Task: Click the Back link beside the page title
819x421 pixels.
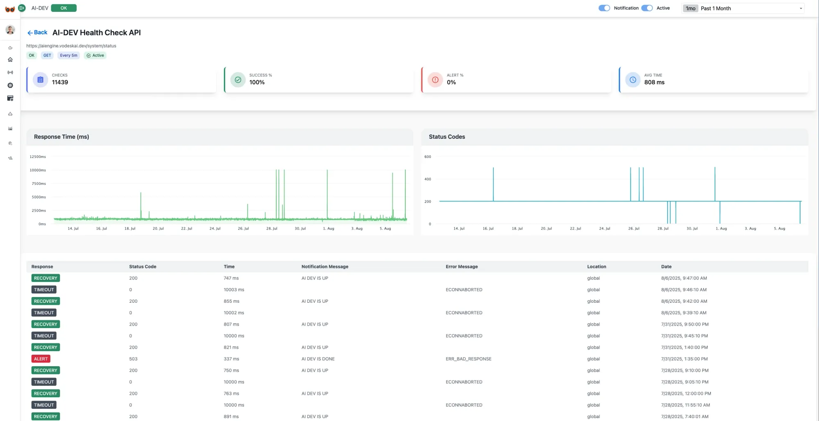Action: [x=37, y=33]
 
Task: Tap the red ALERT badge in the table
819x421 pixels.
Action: [x=41, y=359]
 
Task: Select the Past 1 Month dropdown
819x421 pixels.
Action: [x=743, y=8]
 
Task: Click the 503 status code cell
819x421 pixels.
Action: [x=133, y=359]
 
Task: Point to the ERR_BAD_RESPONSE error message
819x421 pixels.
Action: [x=468, y=359]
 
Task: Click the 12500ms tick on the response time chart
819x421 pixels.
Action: [x=38, y=157]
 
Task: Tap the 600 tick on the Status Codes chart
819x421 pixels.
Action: [x=428, y=157]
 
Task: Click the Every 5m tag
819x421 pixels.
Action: [x=68, y=55]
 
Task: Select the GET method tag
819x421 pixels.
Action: [x=47, y=55]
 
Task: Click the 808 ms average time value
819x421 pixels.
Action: [x=654, y=82]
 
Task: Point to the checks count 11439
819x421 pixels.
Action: [x=60, y=82]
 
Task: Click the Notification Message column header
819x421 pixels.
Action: [x=325, y=266]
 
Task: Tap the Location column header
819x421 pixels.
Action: [x=596, y=266]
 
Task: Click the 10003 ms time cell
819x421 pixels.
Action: [x=234, y=290]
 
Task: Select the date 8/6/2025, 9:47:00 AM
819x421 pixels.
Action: [x=684, y=278]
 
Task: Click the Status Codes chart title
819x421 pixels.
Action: [x=447, y=137]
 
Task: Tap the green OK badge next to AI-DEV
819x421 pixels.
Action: [x=63, y=8]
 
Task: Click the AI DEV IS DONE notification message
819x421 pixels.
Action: [x=318, y=359]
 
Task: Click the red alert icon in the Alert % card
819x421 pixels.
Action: [x=435, y=80]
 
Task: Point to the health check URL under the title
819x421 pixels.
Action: [x=71, y=46]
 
